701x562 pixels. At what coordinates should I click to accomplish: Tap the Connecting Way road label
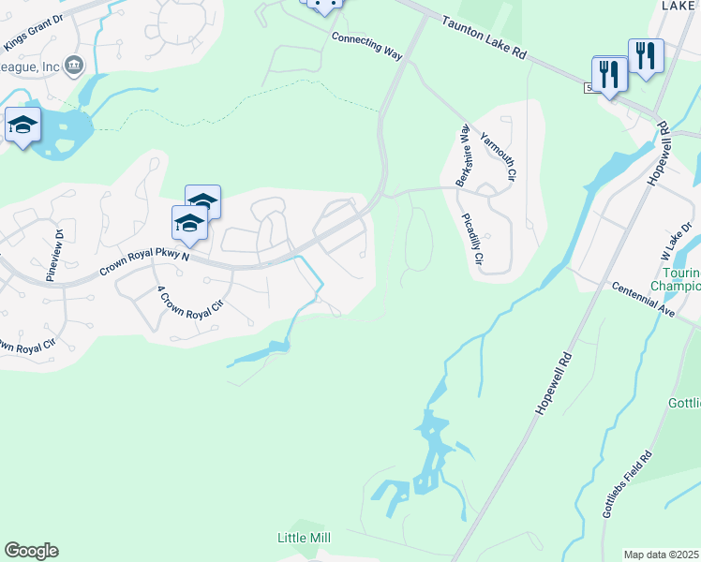point(367,44)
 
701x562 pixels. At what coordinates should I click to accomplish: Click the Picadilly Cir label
point(473,238)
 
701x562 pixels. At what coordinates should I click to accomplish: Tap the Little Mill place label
point(305,538)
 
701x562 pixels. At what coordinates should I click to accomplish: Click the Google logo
point(31,551)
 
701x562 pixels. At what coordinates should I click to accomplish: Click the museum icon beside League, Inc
point(75,65)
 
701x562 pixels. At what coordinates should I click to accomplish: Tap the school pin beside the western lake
point(22,125)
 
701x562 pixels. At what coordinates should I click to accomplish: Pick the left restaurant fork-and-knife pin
point(609,73)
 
